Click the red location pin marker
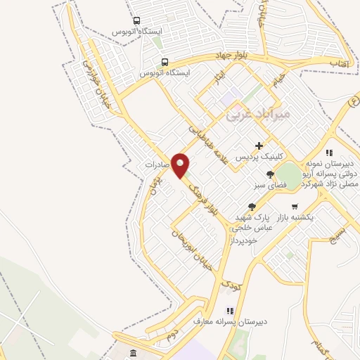point(181,166)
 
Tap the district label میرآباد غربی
point(252,117)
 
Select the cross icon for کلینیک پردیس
point(259,146)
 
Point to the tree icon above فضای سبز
point(270,175)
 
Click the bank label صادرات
point(158,164)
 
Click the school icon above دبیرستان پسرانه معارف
point(229,311)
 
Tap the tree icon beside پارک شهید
point(252,206)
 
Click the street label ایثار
point(219,74)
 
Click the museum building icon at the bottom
point(134,352)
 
